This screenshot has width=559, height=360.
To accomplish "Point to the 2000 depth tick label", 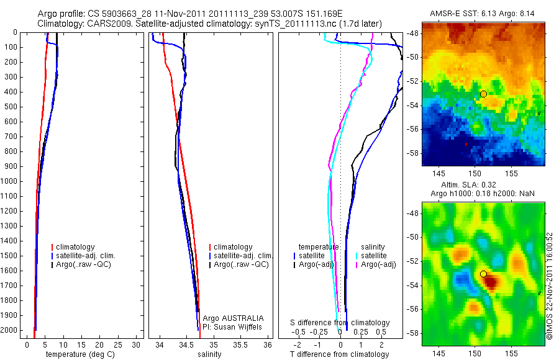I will point(9,331).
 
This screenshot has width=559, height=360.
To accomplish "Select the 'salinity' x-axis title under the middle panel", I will point(209,354).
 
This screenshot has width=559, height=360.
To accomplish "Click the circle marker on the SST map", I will point(483,94).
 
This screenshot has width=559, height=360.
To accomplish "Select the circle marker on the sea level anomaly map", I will point(483,274).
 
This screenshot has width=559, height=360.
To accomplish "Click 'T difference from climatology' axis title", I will point(339,354).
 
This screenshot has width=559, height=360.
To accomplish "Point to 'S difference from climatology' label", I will point(340,323).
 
